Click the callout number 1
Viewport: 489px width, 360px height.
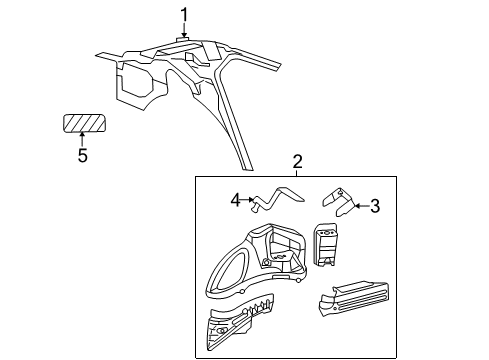tap(184, 13)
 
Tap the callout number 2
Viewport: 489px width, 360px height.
tap(297, 162)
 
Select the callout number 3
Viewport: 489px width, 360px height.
tap(375, 207)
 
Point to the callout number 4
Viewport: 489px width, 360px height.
tap(236, 200)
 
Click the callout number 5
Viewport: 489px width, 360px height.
tap(82, 156)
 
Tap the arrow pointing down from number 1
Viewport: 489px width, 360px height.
tap(184, 29)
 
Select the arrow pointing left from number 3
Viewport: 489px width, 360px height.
tap(359, 207)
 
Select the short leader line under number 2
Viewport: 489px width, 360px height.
tap(297, 173)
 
